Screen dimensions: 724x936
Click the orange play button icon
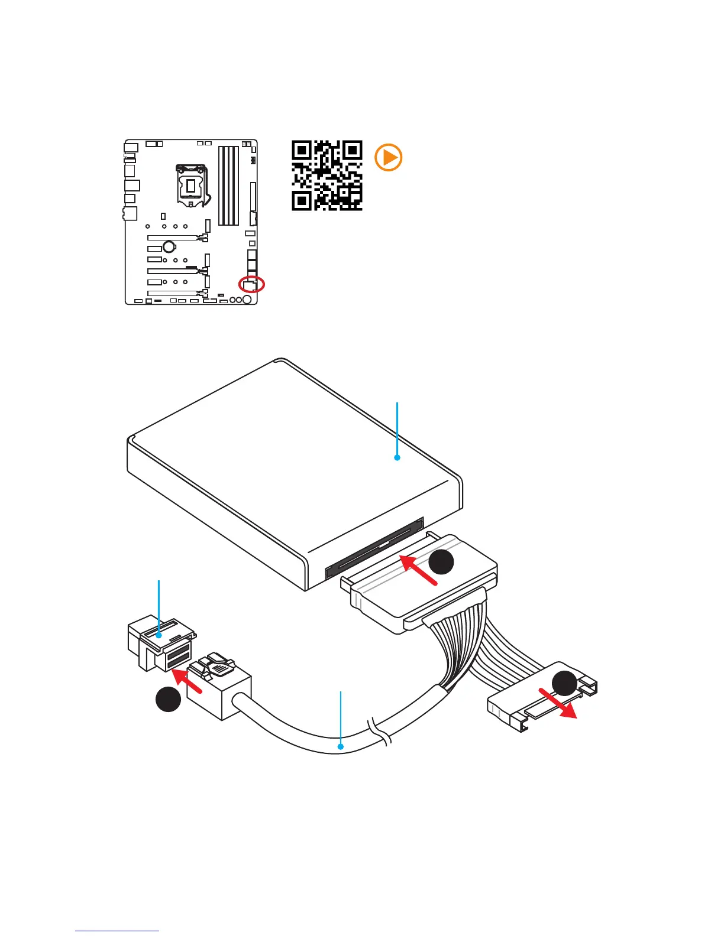(x=389, y=158)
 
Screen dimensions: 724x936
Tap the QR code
(x=327, y=175)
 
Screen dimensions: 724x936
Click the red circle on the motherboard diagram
(x=251, y=284)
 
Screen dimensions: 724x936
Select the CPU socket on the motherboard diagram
(x=190, y=185)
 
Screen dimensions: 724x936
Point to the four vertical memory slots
(x=228, y=186)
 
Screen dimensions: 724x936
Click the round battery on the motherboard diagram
(x=169, y=246)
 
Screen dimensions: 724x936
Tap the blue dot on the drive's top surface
(x=397, y=457)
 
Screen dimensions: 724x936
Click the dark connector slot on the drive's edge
(x=375, y=547)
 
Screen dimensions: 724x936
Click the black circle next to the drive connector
(x=441, y=562)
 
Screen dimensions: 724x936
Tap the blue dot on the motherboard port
(x=159, y=636)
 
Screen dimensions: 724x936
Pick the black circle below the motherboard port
(x=168, y=699)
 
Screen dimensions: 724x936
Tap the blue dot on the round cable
(x=341, y=747)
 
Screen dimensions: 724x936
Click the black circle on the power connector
(x=564, y=683)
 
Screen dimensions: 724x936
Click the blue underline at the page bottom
(x=117, y=931)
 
